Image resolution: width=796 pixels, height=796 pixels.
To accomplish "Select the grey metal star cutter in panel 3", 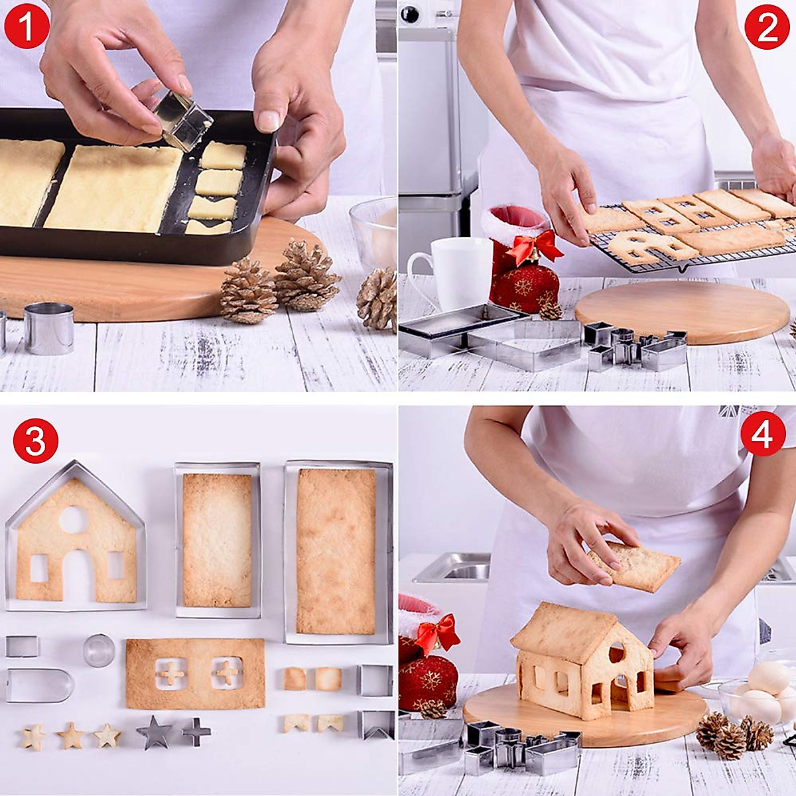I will (154, 732).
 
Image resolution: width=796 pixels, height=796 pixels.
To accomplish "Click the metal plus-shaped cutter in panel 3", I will (196, 732).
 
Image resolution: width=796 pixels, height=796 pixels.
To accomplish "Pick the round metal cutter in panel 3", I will (99, 650).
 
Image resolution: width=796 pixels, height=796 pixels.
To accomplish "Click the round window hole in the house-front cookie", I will (73, 519).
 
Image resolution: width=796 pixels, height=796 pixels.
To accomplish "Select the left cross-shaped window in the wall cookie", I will (172, 673).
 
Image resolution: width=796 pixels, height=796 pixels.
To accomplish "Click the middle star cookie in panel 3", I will (70, 735).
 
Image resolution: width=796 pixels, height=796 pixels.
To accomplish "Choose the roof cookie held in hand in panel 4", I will (635, 566).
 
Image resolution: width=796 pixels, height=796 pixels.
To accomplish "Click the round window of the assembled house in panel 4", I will (617, 653).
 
